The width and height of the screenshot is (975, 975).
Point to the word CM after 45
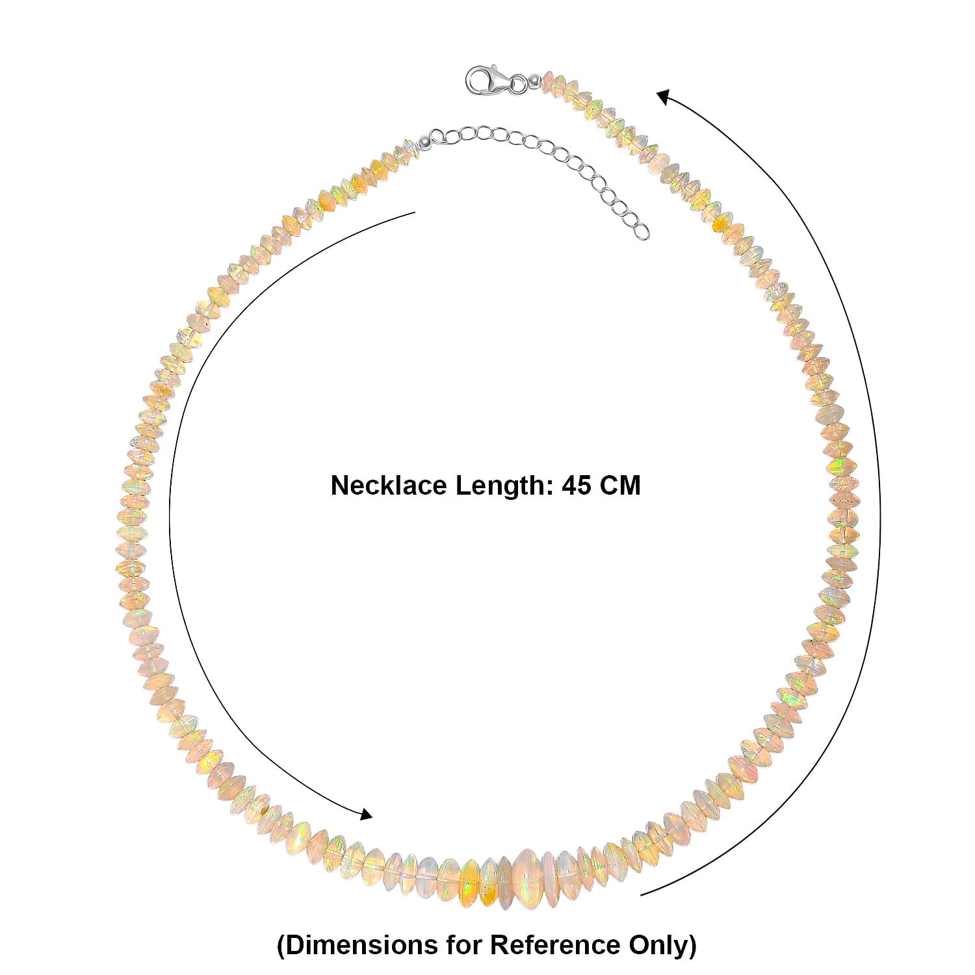coord(619,486)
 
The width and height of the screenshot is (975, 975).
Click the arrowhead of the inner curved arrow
coord(367,815)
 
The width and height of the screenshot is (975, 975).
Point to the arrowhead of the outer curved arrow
coord(663,97)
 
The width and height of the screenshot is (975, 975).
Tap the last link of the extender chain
coord(641,230)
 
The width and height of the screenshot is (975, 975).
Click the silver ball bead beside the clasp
coord(534,81)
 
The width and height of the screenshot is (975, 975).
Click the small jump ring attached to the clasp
coord(519,83)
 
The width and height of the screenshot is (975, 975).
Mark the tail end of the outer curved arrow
coord(641,895)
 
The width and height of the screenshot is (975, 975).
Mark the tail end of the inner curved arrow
coord(415,212)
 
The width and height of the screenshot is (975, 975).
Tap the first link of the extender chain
coord(437,136)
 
